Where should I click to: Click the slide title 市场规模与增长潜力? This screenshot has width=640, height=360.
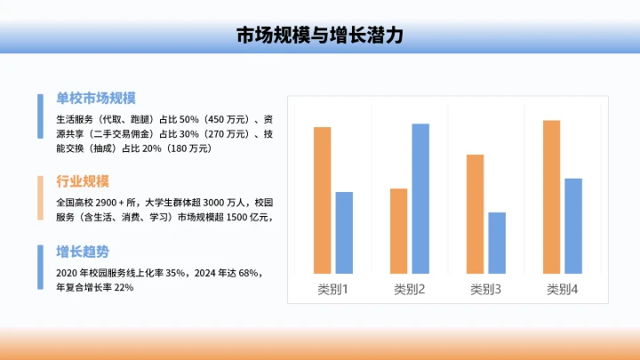[x=320, y=36]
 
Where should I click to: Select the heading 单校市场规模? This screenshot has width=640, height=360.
[x=96, y=99]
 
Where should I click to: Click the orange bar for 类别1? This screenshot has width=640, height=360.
[x=322, y=200]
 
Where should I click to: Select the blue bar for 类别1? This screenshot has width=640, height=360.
[x=344, y=232]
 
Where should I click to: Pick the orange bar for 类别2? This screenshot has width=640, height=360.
[x=398, y=230]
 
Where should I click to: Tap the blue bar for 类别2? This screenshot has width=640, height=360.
[x=420, y=198]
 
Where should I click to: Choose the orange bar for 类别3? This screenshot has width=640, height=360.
[x=475, y=213]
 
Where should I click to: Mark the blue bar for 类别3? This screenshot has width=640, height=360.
[x=497, y=242]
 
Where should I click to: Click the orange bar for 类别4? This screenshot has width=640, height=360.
[x=551, y=196]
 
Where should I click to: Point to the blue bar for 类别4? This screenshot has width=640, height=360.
[x=573, y=226]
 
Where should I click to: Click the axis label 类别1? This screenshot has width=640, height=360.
[x=333, y=289]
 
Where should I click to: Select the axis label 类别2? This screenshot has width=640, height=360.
[x=410, y=289]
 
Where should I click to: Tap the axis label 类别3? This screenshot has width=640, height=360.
[x=486, y=289]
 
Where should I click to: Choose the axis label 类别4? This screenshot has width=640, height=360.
[x=563, y=289]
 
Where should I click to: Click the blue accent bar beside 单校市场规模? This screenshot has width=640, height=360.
[x=40, y=116]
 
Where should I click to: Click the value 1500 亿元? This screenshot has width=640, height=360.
[x=248, y=217]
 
